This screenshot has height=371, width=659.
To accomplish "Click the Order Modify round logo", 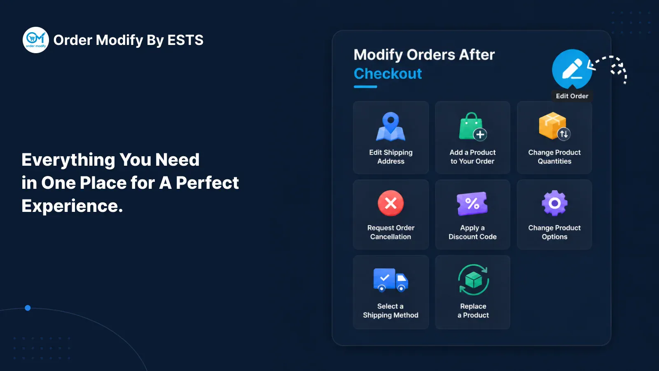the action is pos(35,40).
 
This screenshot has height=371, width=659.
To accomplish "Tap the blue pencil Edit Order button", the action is pos(572,69).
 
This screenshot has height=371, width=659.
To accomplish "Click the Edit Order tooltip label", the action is pos(572,96).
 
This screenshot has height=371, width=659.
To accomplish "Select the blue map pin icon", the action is pos(391,127).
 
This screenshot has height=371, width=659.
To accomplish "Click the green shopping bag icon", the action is pos(473,127).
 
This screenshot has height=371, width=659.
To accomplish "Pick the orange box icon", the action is pos(554,126).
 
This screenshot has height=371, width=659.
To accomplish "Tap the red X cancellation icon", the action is pos(391,203).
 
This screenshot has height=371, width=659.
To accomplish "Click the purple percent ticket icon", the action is pos(472,204).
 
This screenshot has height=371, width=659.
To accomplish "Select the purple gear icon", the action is pos(554,203).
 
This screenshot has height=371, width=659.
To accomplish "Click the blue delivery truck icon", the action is pos(391,280).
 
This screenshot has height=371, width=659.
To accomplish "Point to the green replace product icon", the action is pos(473,280).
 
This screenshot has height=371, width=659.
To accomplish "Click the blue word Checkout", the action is pos(388,74).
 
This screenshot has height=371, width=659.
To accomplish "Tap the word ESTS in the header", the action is pos(185,40).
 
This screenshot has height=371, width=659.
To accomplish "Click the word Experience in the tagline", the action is pos(72,206).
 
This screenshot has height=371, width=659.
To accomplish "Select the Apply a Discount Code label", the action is pos(472,232).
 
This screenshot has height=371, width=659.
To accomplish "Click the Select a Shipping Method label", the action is pos(391,311).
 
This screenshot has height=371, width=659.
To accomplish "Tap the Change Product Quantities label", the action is pos(554,157).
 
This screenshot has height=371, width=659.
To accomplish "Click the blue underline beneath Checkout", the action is pos(365,87).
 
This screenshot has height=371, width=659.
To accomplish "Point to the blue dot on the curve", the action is pos(28,308).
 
